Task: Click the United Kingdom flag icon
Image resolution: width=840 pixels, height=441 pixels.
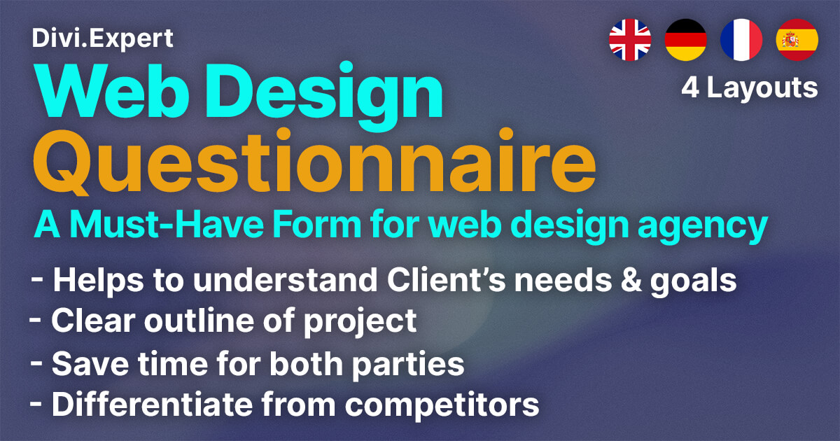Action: (x=630, y=39)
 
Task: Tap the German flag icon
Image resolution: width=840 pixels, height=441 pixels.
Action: (x=686, y=39)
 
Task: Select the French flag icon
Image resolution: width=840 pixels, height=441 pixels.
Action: (x=741, y=39)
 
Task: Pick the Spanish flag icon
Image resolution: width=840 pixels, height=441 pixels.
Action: (x=797, y=39)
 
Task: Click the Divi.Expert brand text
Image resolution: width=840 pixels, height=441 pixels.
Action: (x=103, y=38)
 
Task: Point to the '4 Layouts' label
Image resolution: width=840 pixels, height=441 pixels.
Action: (x=750, y=87)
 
